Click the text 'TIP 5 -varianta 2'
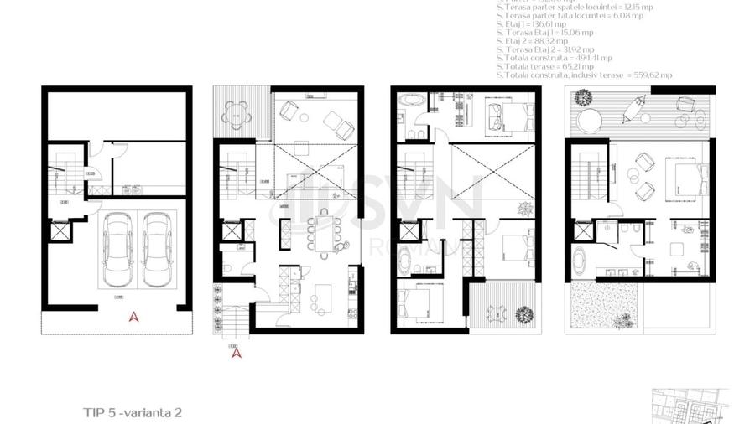[x=133, y=412]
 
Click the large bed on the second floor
[x=678, y=177]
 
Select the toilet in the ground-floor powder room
[x=228, y=268]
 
